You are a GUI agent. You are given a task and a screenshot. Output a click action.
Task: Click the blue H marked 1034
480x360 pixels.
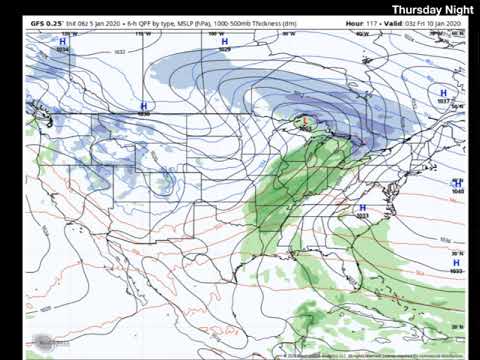(x=63, y=42)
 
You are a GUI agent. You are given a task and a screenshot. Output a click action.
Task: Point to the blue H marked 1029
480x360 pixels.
(x=224, y=42)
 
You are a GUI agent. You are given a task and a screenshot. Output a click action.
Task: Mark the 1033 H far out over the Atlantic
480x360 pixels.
(x=456, y=263)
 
